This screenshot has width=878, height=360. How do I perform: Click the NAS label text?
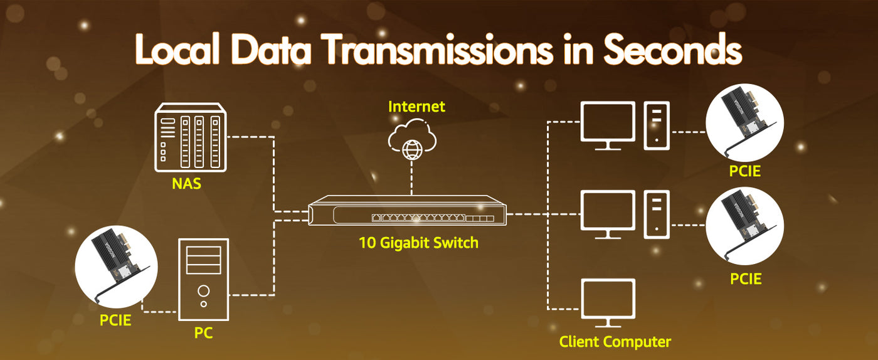click(187, 184)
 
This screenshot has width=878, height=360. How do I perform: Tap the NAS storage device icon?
click(191, 137)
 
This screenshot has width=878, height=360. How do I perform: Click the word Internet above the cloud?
click(416, 107)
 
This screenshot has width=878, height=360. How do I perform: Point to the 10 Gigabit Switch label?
click(419, 243)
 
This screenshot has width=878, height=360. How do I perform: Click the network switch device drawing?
click(407, 210)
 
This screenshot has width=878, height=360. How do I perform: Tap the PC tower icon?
click(203, 280)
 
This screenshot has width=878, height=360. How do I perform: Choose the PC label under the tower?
click(203, 333)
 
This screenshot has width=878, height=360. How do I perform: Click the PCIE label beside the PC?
click(115, 320)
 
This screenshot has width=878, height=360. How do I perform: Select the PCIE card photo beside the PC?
click(116, 267)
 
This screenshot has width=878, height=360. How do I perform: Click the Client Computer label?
click(615, 342)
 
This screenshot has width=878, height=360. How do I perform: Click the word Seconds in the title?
click(672, 50)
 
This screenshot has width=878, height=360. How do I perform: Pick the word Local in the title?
click(177, 50)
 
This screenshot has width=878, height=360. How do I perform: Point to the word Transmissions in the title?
click(438, 50)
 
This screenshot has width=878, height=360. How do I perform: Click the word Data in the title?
click(271, 50)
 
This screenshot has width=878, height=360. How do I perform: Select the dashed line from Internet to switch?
click(411, 177)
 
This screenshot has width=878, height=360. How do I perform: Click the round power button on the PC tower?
click(203, 290)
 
